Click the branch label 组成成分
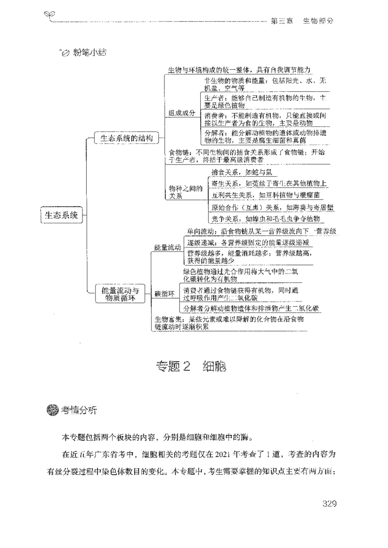click(181, 113)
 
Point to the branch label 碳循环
click(164, 294)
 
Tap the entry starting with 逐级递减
click(248, 242)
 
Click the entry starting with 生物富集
click(228, 323)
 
